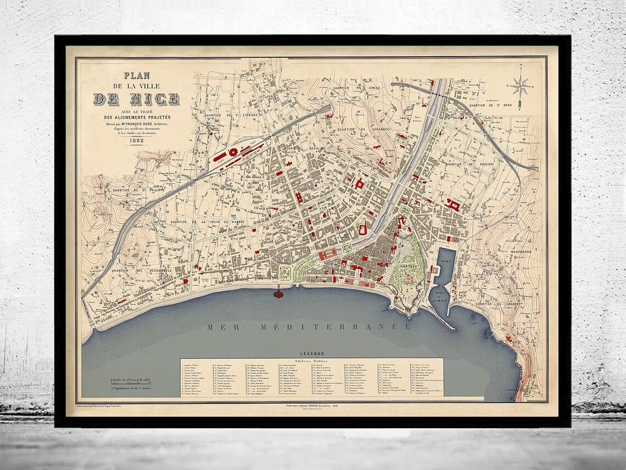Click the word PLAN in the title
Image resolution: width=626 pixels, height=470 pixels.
[136, 76]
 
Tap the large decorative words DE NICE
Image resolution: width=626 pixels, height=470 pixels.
[136, 99]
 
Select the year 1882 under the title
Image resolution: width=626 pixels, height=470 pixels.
[137, 141]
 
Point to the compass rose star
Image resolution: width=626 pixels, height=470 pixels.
[519, 86]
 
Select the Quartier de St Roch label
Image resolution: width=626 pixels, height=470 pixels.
[490, 105]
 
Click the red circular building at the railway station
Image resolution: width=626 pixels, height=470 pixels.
[233, 152]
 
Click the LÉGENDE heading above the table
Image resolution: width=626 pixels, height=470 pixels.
[311, 353]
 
